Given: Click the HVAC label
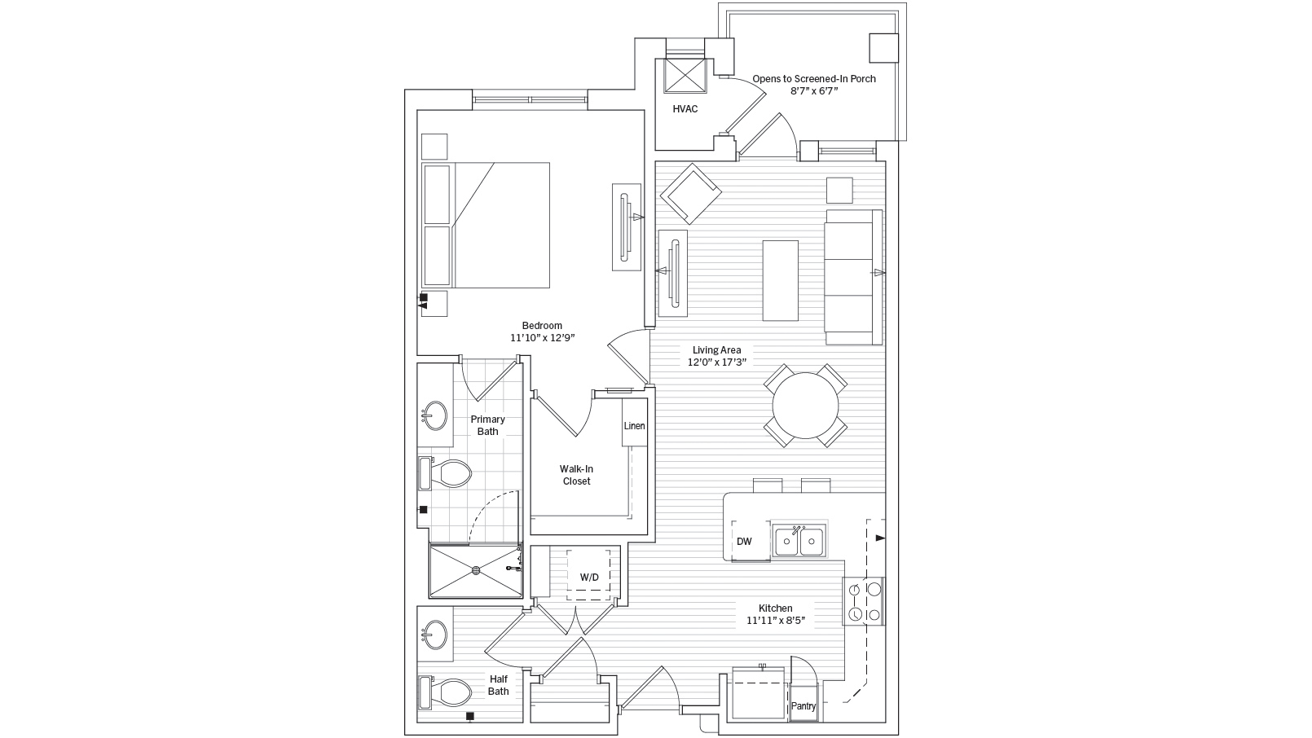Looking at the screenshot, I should coord(685,109).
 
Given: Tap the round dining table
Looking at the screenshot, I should coord(805,406).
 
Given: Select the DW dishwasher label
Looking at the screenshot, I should coord(743,542).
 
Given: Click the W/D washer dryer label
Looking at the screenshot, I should coord(589,578).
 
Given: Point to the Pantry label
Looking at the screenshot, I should coord(803,707).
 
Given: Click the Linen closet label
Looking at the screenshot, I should coord(634,426).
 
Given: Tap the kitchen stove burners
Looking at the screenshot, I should coord(864,601).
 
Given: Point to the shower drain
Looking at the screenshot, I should coord(475,571).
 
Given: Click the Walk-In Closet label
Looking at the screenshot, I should coord(575,475).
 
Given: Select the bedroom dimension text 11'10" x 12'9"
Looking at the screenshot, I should coord(543,337).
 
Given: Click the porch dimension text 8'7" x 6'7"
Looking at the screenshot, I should coord(813,92).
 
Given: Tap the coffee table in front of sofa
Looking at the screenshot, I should coord(781,279).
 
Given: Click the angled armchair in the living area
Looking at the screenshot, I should coord(691,194).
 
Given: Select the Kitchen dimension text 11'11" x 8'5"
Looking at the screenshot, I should coord(775,621).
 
